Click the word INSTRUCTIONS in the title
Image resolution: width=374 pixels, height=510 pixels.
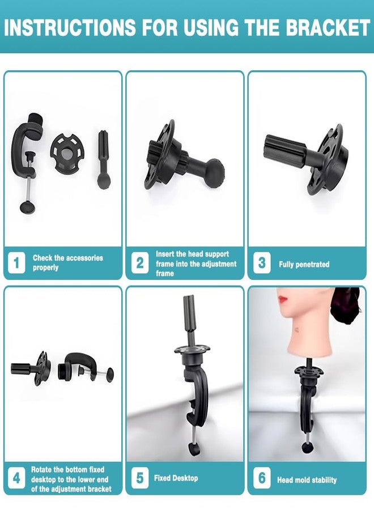coord(67,27)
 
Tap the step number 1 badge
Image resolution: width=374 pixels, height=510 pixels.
coord(16,262)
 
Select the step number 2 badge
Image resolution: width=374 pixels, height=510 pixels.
coord(140,263)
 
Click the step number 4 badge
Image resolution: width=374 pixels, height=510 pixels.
coord(16,478)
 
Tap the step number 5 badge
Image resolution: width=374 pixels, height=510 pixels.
coord(139,478)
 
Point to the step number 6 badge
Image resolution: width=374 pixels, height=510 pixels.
coord(261,478)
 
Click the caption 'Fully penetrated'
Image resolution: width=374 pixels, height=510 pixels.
coord(304,265)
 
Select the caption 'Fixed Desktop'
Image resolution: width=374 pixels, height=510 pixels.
coord(176,478)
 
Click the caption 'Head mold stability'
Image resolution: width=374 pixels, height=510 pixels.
coord(307,480)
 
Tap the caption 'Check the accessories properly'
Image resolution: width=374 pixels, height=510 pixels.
coord(67,262)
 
